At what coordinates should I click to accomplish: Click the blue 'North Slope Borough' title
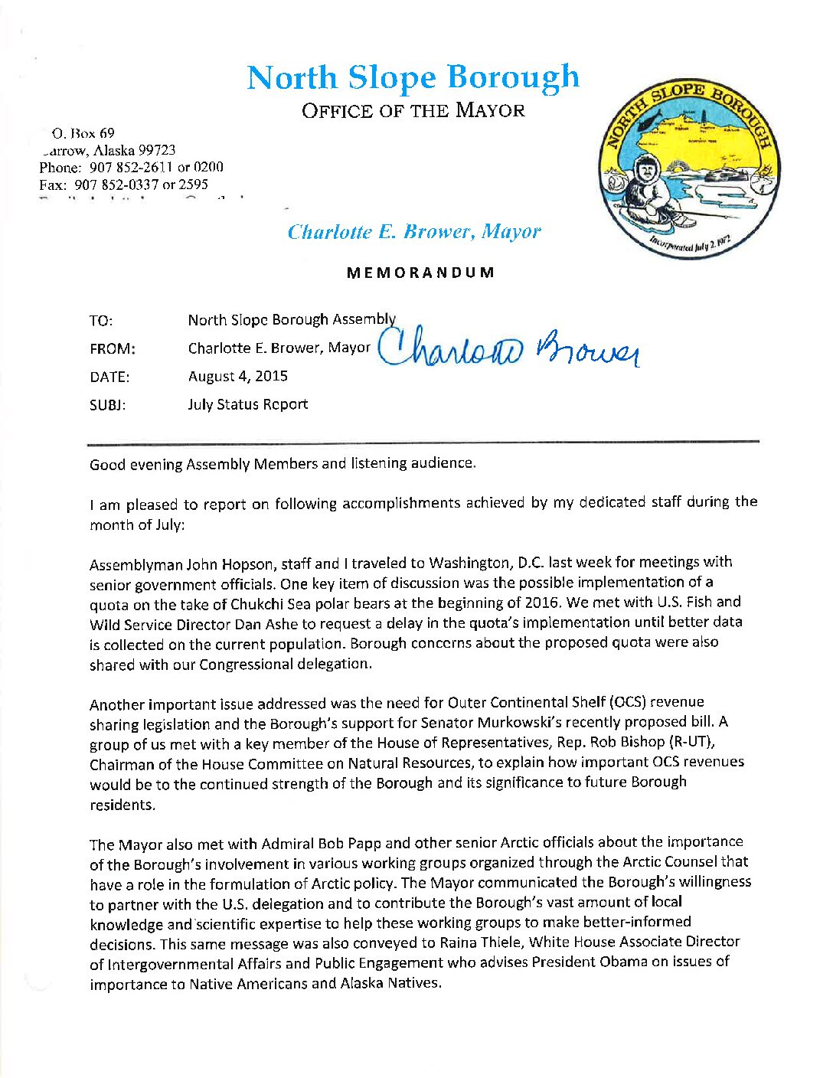(413, 77)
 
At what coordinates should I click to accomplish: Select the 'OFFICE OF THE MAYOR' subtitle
(413, 110)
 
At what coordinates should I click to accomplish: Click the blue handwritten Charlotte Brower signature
(509, 349)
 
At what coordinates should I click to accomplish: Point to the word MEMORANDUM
(420, 273)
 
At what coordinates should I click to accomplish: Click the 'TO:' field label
(101, 321)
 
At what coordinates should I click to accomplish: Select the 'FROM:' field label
(112, 349)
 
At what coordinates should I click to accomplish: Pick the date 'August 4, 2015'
(238, 376)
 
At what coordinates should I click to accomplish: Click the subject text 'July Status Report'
(248, 404)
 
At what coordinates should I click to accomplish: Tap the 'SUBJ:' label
(108, 405)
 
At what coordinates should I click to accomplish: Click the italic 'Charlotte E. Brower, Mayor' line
(414, 231)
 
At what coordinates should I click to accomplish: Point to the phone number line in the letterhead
(131, 167)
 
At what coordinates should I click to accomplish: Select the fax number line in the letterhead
(123, 185)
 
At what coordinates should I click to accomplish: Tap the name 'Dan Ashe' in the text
(263, 623)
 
